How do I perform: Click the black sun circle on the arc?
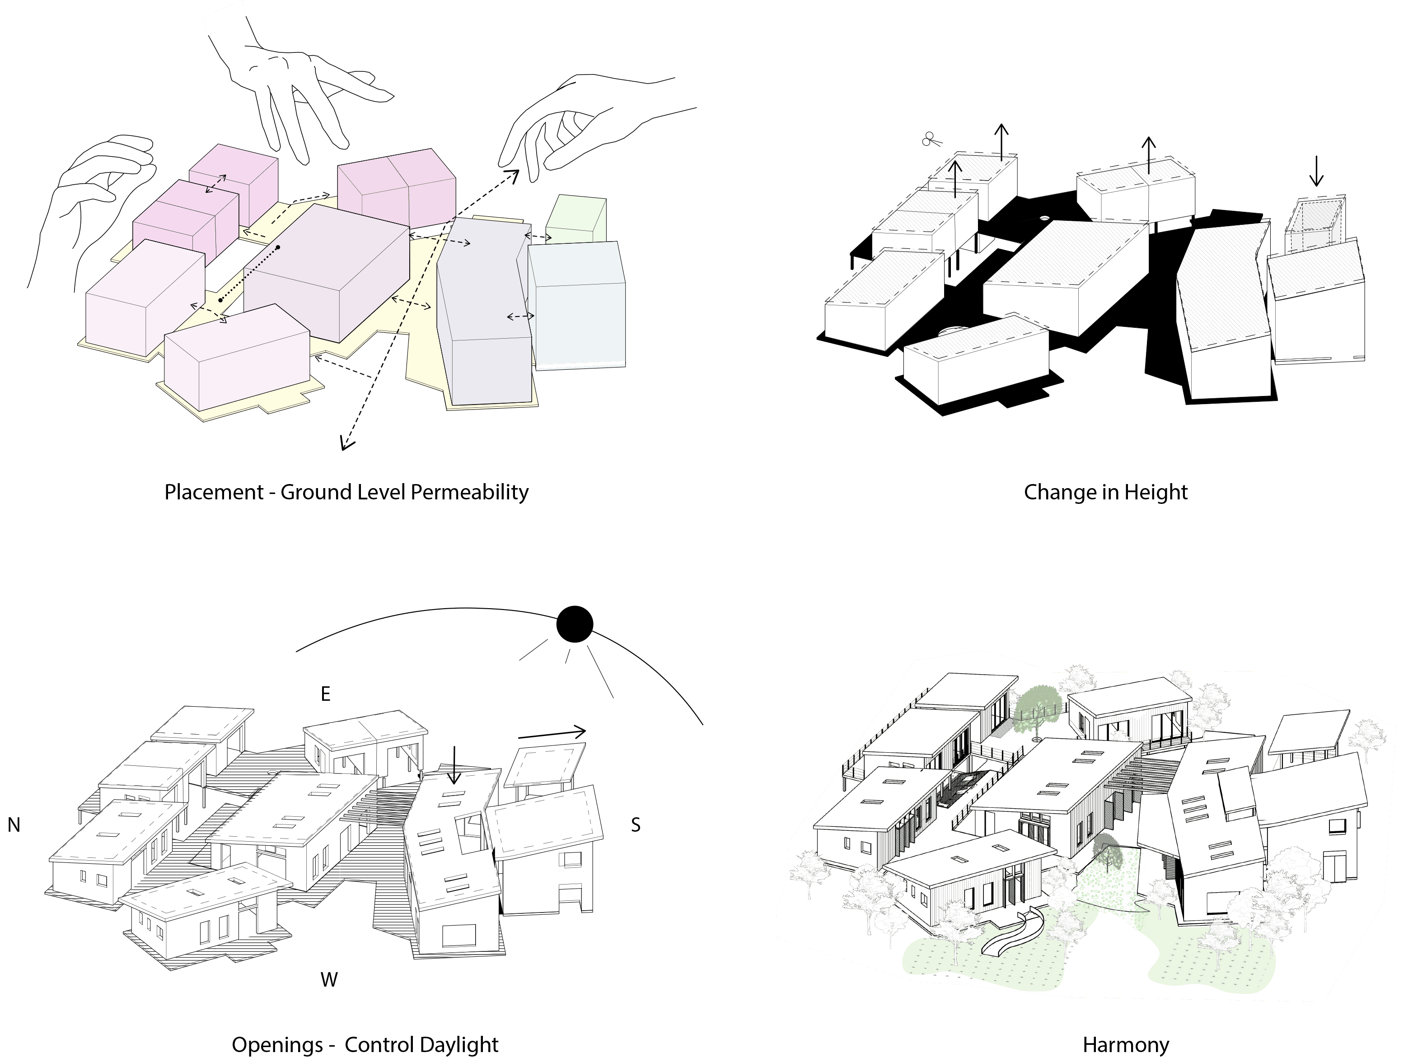[574, 624]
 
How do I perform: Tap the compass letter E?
[325, 694]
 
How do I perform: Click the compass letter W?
[329, 980]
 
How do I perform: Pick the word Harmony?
[1126, 1045]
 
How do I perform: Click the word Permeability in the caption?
[469, 492]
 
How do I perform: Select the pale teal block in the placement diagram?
[577, 305]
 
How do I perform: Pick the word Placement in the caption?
[214, 492]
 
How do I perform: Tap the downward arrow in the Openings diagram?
[454, 764]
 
